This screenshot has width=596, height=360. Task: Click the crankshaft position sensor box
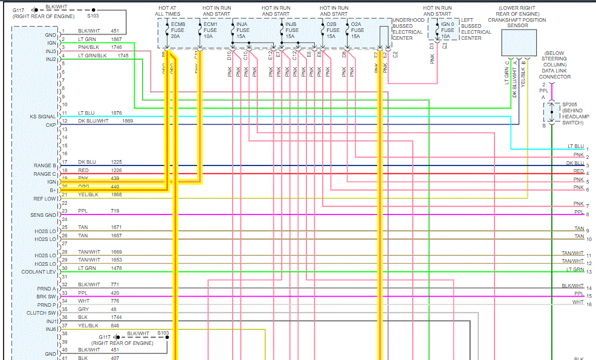coord(519,42)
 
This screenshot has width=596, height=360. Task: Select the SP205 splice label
coord(570,104)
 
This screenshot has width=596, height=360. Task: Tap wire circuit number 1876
coord(117,113)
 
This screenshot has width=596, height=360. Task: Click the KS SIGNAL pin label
coord(43,117)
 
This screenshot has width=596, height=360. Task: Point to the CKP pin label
coord(51,125)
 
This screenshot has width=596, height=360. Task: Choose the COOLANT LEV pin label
coord(39,272)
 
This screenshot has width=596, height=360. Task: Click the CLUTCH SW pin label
coord(41,313)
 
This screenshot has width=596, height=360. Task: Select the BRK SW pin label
coord(46,297)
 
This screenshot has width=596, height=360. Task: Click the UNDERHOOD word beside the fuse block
coord(408,20)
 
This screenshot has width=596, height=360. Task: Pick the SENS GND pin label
coord(44,215)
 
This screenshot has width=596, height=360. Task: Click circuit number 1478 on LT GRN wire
coord(117,268)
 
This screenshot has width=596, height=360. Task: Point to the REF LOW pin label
coord(45,199)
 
